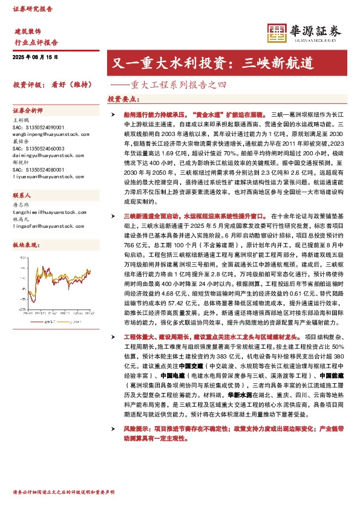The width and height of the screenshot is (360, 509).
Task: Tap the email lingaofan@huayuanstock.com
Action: click(46, 226)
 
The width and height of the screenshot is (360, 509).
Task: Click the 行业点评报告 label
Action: click(36, 42)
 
